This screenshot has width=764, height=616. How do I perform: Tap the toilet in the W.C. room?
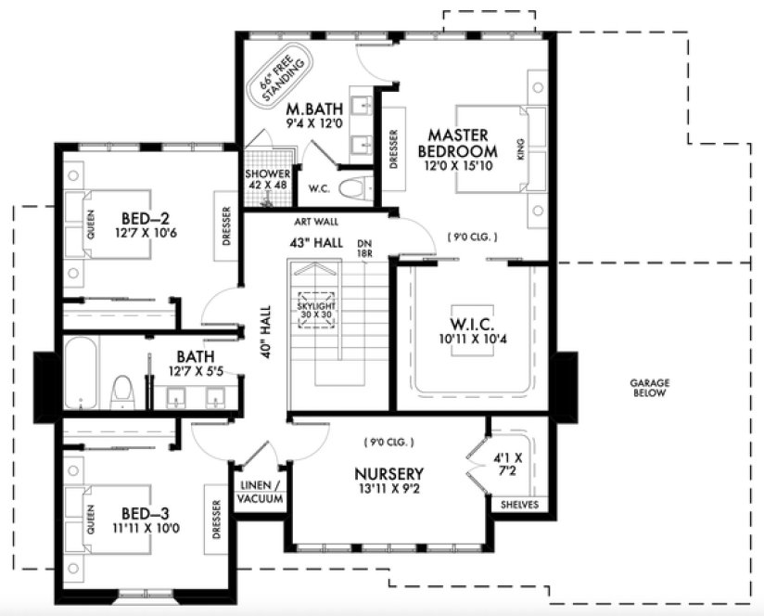[350, 191]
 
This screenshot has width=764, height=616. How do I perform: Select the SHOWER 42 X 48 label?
[268, 179]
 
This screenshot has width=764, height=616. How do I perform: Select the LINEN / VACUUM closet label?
[261, 493]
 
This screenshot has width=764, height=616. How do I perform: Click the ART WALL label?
[316, 223]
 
